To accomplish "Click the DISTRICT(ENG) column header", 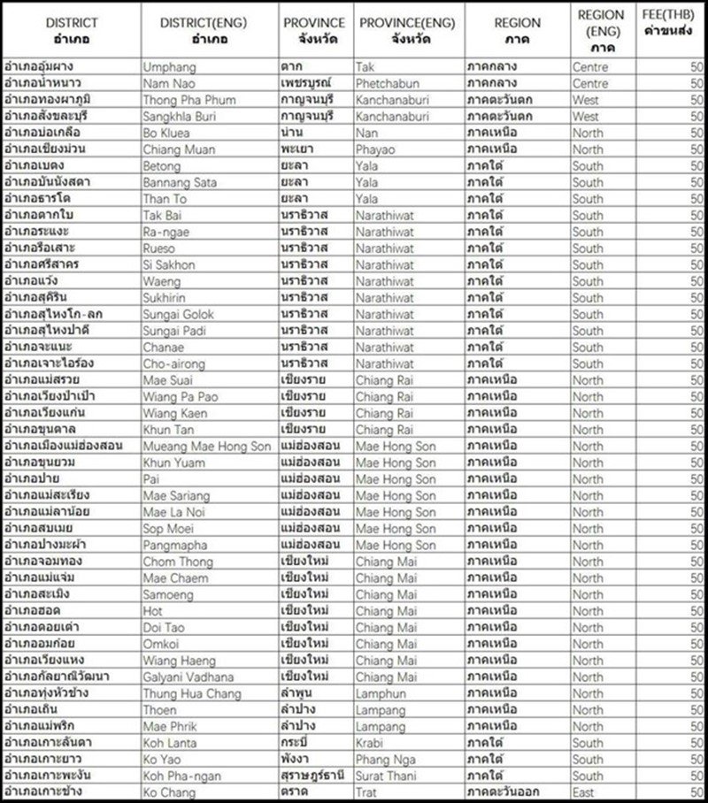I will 209,30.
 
